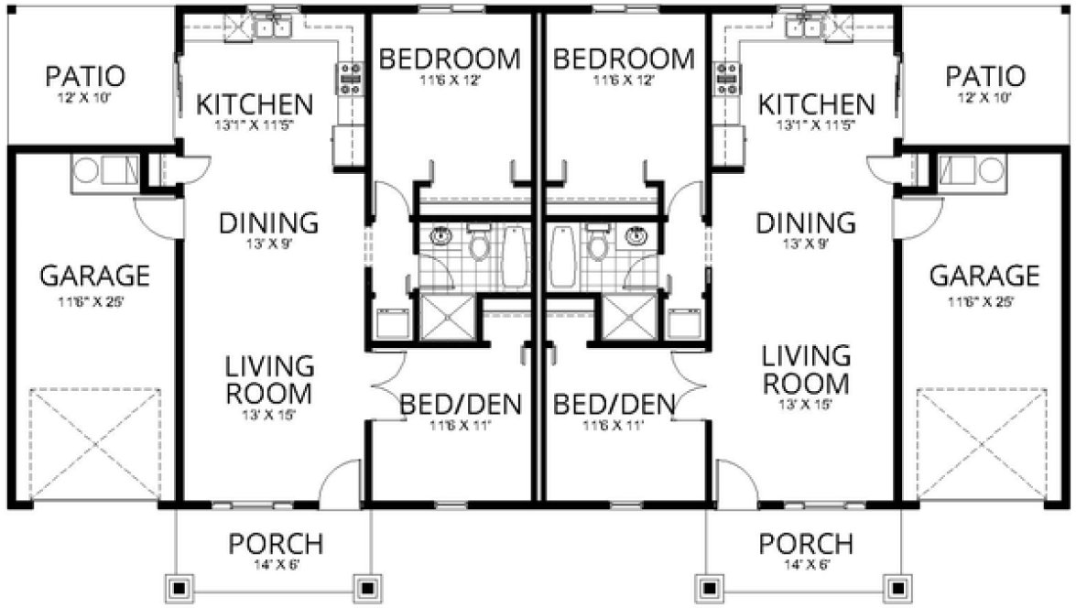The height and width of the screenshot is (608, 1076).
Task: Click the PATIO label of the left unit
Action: [x=85, y=75]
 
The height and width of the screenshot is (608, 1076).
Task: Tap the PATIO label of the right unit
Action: [x=985, y=75]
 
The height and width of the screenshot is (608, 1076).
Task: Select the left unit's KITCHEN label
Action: [x=255, y=104]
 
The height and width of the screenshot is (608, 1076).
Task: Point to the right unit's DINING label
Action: [x=806, y=223]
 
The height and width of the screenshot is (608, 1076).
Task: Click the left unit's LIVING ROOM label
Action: [x=270, y=380]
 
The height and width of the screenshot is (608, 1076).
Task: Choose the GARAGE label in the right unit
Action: [x=984, y=276]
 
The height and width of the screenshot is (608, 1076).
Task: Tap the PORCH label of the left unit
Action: [x=276, y=544]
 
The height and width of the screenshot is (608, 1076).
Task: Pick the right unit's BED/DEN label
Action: [x=614, y=403]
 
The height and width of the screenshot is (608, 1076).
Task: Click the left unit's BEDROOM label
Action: [x=449, y=60]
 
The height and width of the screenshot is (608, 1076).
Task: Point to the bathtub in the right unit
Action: [x=561, y=255]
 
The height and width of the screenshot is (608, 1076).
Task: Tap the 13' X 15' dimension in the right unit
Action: [x=806, y=404]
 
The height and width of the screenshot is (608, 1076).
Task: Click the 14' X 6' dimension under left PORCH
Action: [x=276, y=565]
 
